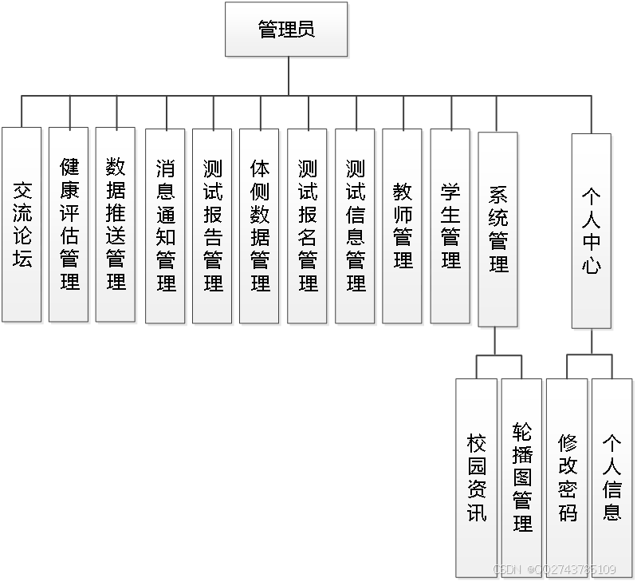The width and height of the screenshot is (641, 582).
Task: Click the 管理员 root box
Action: pos(286,30)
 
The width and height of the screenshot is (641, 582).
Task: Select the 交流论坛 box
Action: pos(22,224)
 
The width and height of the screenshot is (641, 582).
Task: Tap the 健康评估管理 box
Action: pos(69,224)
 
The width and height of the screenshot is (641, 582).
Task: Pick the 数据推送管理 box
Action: pos(116,224)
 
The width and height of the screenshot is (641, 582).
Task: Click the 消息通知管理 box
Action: pos(166,226)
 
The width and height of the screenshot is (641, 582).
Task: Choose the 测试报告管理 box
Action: pos(213,226)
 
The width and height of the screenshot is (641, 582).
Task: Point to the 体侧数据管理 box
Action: pos(260,226)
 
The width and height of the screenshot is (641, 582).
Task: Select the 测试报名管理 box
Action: pos(308,226)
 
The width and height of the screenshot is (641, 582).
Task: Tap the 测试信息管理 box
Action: pos(356,226)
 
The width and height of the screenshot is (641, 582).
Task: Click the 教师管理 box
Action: pos(403,226)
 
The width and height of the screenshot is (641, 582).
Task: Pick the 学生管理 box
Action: pos(450,226)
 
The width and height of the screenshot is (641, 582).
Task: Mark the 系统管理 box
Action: pos(498,229)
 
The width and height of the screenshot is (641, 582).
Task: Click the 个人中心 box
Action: pos(592,231)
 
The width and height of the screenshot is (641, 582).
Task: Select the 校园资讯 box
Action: pos(477,477)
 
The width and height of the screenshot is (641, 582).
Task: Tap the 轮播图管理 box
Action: pos(522,477)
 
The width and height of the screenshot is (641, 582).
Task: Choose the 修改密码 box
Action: pos(568,477)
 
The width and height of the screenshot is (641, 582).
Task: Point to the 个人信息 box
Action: pos(612,477)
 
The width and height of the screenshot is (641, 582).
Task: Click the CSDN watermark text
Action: pos(555,569)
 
